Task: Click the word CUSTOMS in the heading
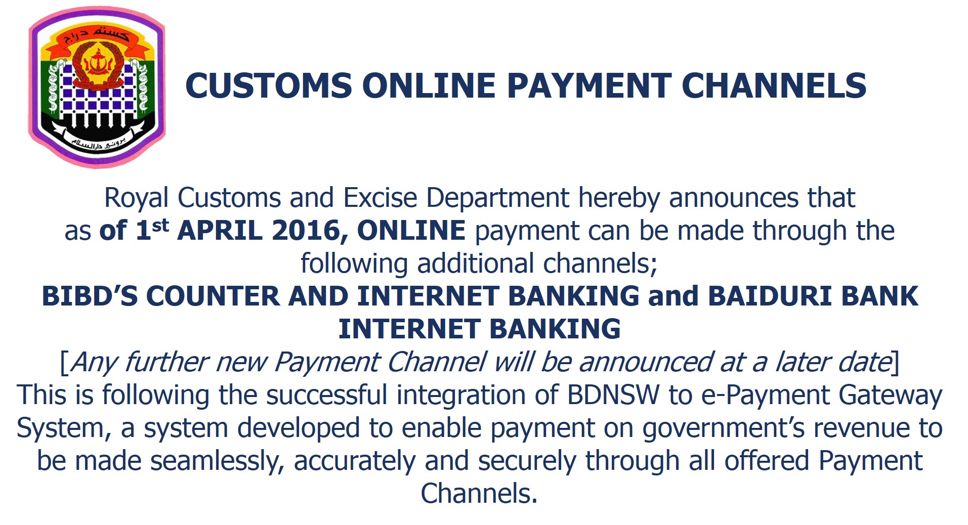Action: point(269,85)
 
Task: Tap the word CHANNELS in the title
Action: point(774,85)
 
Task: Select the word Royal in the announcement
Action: point(136,198)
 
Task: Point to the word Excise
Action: point(380,197)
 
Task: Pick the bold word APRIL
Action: point(220,231)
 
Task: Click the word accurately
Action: point(355,462)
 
